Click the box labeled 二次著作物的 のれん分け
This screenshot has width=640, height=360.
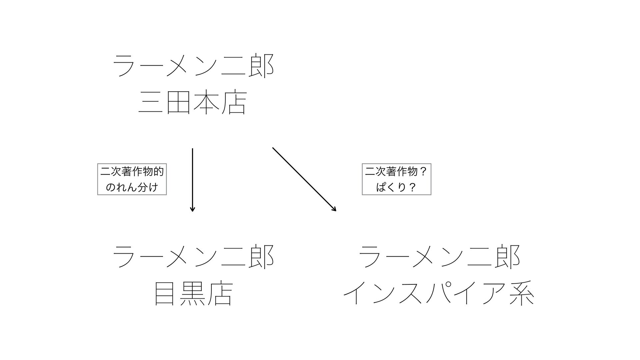(x=132, y=179)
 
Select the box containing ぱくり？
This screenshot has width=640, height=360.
(x=396, y=179)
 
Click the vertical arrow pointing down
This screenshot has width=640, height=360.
(x=192, y=180)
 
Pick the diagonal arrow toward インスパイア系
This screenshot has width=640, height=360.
(x=304, y=179)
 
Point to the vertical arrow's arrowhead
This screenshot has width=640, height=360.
(x=192, y=209)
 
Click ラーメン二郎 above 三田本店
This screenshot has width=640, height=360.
(x=193, y=66)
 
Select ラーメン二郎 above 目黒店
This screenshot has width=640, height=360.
(x=193, y=257)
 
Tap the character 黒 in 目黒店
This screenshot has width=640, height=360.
(x=193, y=294)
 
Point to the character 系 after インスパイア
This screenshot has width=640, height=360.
(x=522, y=294)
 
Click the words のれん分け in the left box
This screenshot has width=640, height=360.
(x=132, y=187)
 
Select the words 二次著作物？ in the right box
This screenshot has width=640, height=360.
(x=396, y=172)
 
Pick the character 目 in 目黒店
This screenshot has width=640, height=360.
(x=165, y=294)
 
